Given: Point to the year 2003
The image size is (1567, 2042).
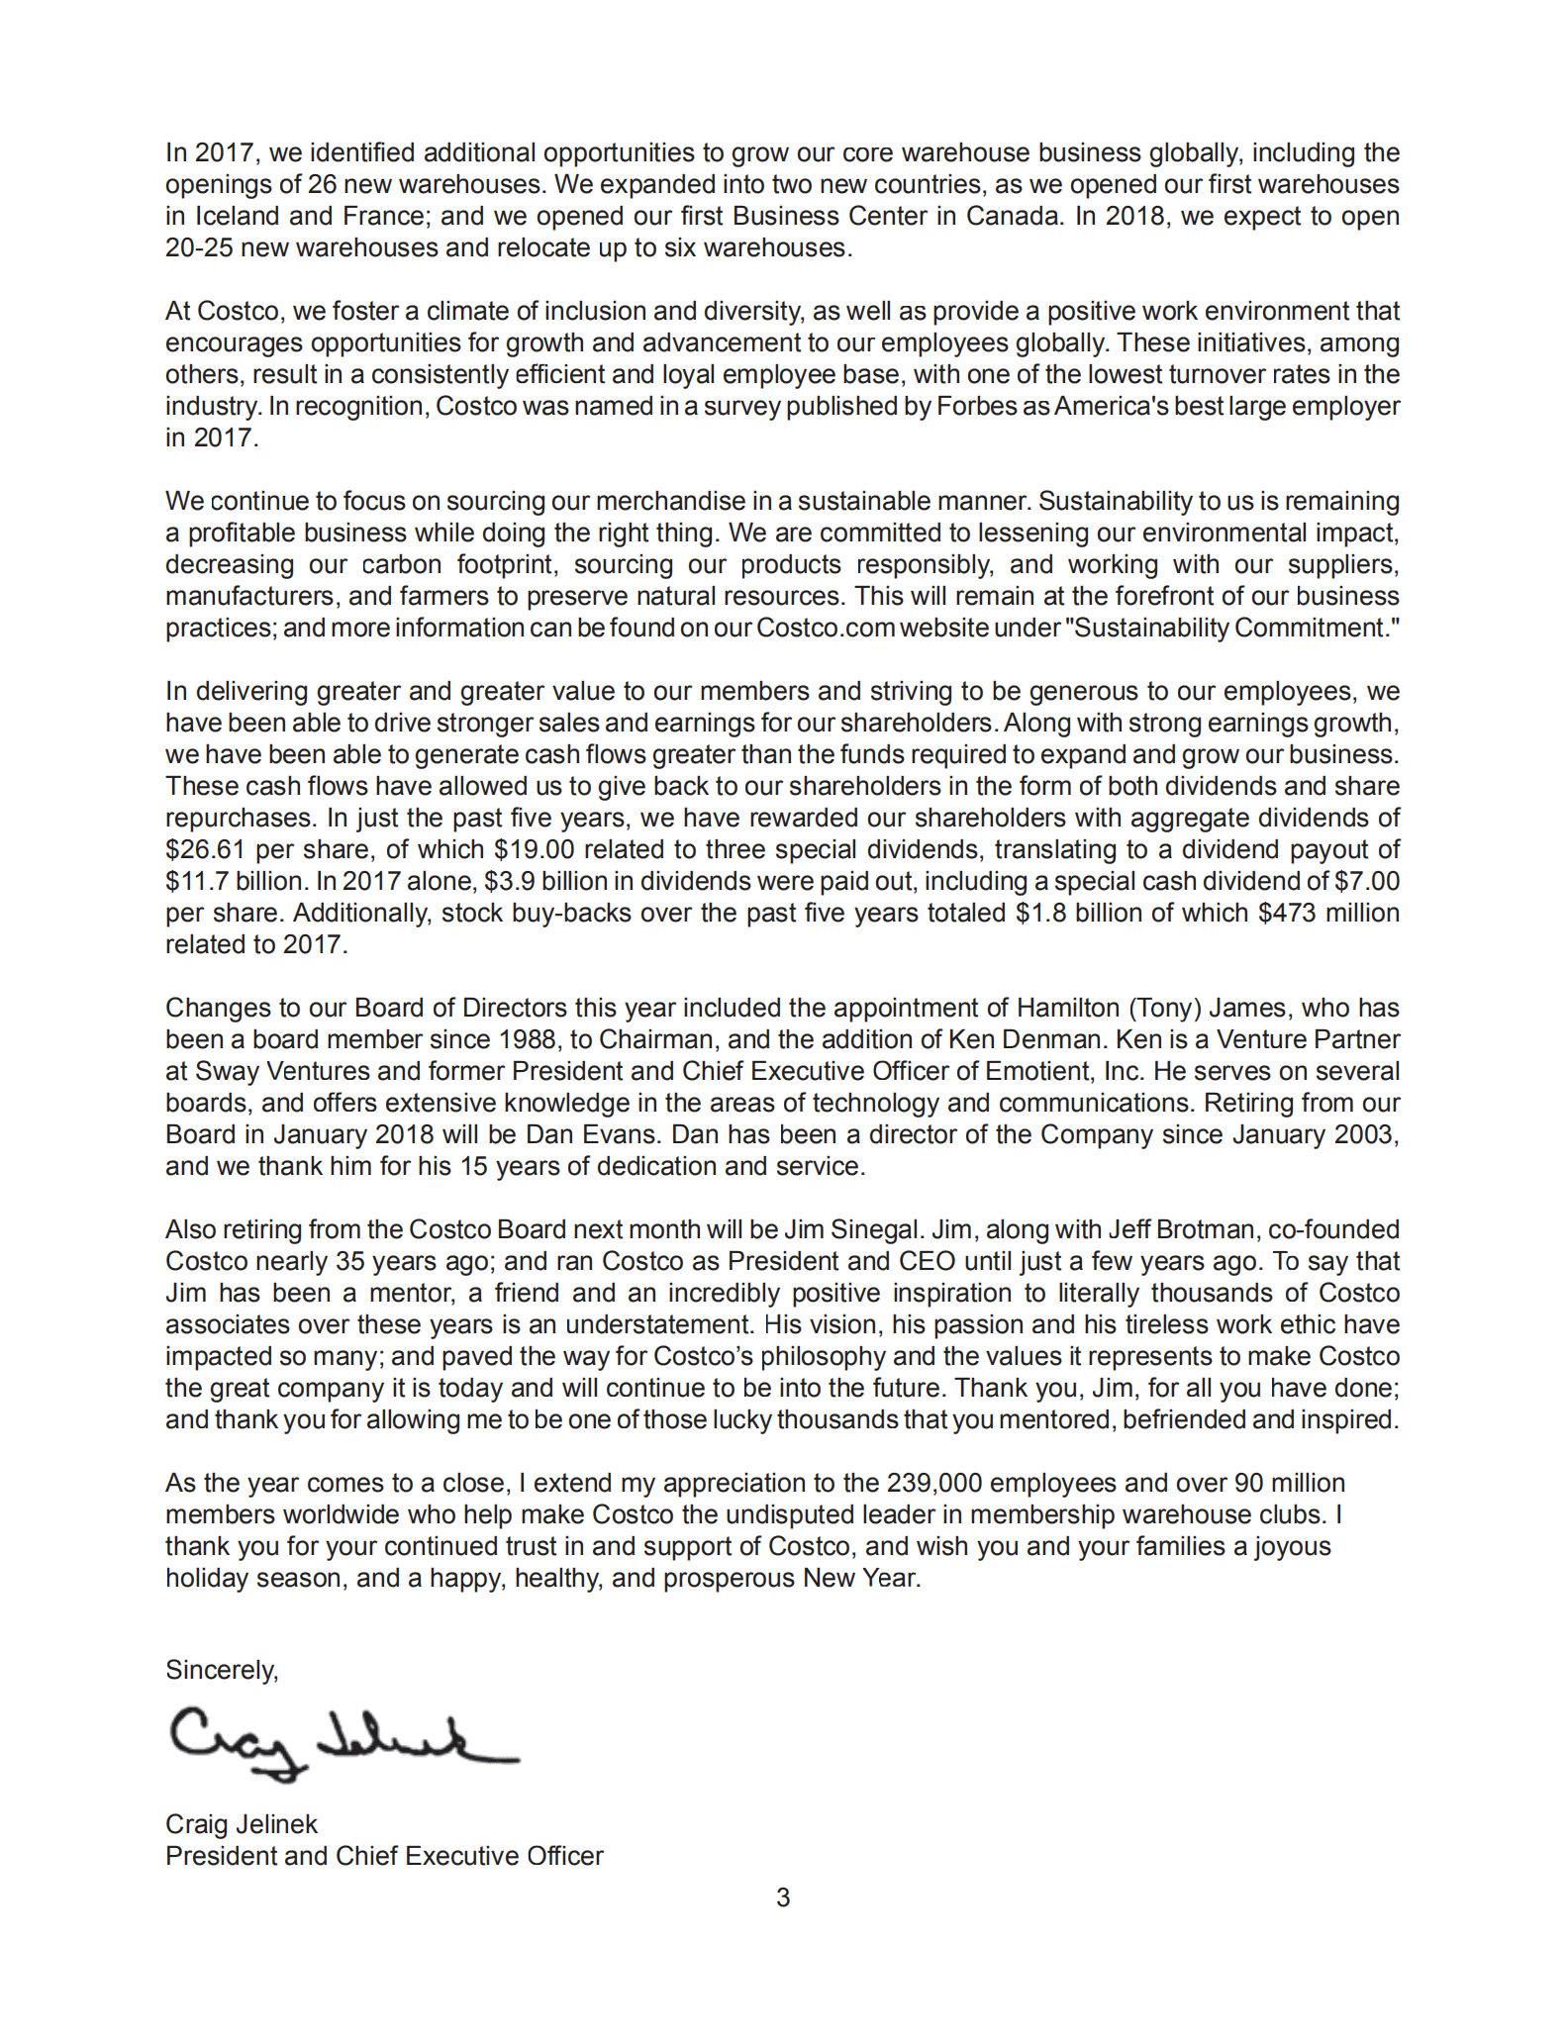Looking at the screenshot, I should coord(1365,1134).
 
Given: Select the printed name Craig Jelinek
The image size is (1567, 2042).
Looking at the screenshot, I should coord(242,1824).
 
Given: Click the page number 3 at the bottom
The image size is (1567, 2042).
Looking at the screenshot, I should coord(783,1897).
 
